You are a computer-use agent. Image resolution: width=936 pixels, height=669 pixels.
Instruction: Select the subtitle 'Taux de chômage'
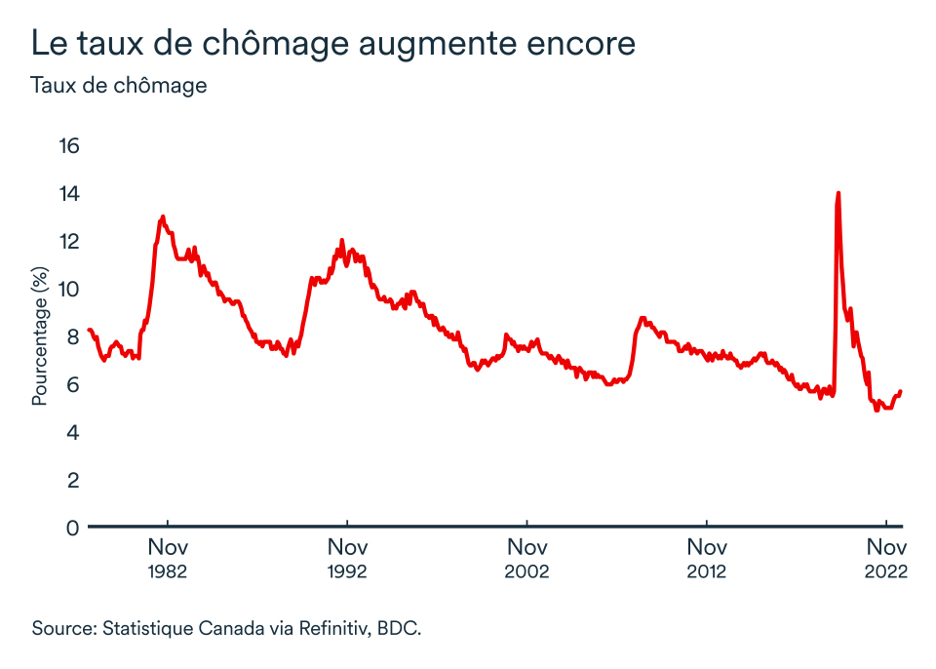pos(119,85)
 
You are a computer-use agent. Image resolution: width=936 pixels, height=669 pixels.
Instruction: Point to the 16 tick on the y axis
pos(68,146)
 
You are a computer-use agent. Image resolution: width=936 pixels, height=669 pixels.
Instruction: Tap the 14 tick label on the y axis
pos(68,194)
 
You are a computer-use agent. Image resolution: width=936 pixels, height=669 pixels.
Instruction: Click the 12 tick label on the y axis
pos(68,241)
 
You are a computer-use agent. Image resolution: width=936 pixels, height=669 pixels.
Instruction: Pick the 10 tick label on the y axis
pos(68,289)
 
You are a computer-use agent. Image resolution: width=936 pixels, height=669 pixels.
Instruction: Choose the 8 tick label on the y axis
pos(71,336)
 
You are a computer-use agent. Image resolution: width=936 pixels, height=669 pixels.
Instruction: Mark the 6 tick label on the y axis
pos(71,384)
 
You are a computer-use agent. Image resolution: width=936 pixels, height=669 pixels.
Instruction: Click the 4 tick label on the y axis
pos(71,432)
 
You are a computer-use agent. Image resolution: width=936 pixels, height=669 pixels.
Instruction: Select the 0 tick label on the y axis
pos(71,528)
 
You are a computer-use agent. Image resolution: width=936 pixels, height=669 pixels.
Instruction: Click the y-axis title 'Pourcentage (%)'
pos(39,336)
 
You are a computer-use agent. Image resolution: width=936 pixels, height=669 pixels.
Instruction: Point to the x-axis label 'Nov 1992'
pos(347,557)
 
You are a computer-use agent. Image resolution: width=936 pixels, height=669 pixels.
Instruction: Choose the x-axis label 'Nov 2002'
pos(526,557)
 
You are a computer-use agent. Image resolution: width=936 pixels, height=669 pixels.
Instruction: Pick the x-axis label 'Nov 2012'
pos(706,557)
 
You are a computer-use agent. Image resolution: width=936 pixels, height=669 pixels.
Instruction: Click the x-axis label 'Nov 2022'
pos(885,557)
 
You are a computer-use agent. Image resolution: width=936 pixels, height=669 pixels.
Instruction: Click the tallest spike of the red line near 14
pos(838,194)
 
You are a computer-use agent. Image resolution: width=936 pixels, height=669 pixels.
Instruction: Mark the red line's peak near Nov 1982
pos(163,216)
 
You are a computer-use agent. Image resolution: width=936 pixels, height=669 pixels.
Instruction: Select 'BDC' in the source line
pos(399,627)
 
